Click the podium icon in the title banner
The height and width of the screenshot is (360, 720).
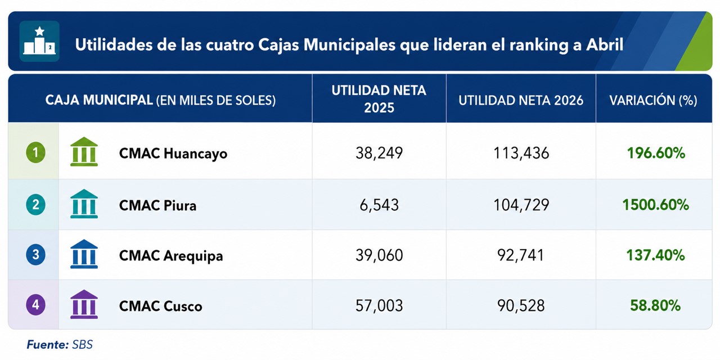pos(39,41)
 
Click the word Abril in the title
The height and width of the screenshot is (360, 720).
pos(605,44)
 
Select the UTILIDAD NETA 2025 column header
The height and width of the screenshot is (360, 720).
pos(379,99)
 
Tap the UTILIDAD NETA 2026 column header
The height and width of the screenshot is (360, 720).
pos(521,100)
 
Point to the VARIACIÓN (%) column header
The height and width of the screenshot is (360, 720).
pos(654,100)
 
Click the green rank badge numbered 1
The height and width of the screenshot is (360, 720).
pos(35,152)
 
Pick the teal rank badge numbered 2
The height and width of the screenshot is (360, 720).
pos(35,205)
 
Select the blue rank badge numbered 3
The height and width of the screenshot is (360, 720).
pos(35,255)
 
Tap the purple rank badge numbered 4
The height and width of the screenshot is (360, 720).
pos(35,305)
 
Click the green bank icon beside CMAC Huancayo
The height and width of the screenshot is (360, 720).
pos(84,152)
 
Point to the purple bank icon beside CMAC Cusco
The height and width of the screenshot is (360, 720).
pos(84,304)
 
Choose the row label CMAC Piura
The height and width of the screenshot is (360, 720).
pos(158,205)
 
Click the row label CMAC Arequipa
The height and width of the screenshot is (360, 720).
pos(171,256)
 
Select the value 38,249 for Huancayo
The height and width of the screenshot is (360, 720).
pos(379,153)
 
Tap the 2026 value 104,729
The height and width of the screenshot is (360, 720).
pos(521,205)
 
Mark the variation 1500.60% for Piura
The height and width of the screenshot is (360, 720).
pos(656,205)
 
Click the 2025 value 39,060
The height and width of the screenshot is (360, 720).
pos(379,255)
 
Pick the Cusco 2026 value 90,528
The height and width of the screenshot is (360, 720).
pos(521,305)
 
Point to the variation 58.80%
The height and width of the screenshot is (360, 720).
pos(655,305)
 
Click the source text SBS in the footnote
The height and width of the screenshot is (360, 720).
pos(82,345)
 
